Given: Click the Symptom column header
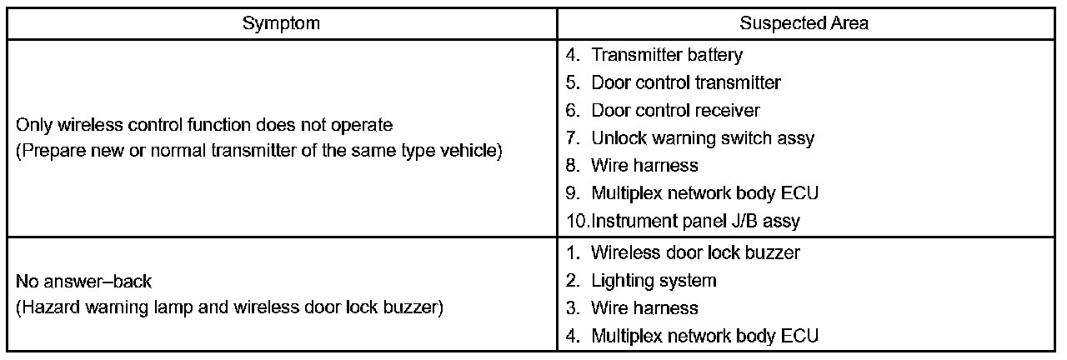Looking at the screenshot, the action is click(281, 23).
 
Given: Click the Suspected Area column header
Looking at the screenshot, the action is click(804, 23).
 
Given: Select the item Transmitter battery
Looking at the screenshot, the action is click(667, 55).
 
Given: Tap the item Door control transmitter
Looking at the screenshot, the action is click(685, 82).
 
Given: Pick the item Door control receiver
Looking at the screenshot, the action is click(675, 110).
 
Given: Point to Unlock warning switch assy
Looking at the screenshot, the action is click(703, 137).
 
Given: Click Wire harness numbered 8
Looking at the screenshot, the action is click(644, 165).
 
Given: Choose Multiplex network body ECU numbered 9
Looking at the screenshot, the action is click(705, 192).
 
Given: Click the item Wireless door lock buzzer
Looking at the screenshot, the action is click(696, 252).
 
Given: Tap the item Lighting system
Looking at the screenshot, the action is click(654, 280).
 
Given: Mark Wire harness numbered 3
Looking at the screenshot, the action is click(644, 307).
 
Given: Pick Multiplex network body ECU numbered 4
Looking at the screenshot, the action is click(705, 336).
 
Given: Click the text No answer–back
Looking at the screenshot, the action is click(84, 282).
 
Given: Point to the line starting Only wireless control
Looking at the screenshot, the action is click(204, 126).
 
